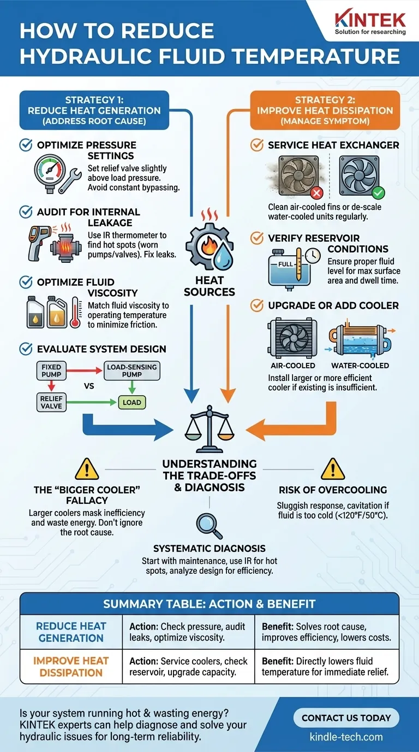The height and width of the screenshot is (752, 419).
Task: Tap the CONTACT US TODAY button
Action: click(346, 718)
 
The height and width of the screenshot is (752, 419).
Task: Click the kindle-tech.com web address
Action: click(346, 736)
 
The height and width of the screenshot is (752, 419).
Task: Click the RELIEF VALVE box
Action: click(52, 402)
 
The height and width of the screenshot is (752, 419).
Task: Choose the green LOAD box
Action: click(132, 403)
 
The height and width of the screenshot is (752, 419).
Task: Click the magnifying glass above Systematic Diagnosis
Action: click(209, 526)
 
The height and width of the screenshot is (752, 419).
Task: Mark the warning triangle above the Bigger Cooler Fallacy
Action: click(86, 468)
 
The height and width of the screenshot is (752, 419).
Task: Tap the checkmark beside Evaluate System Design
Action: click(26, 349)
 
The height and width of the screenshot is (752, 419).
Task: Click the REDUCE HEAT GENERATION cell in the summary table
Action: click(71, 632)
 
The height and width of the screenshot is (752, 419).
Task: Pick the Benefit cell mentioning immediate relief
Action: click(326, 667)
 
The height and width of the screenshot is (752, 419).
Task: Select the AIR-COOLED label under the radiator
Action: click(293, 365)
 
